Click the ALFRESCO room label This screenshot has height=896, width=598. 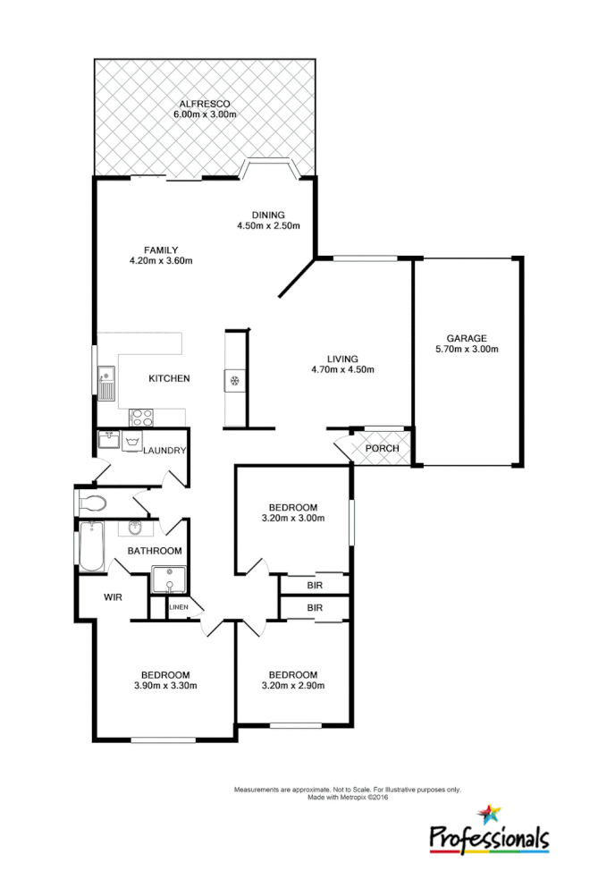tap(205, 104)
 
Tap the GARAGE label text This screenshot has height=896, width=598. tap(467, 338)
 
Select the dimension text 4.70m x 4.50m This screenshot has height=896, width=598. tap(342, 369)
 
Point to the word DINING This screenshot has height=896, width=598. tap(267, 215)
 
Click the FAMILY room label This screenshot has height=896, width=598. tap(162, 249)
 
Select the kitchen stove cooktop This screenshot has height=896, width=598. tap(141, 416)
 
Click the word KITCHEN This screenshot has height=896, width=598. tap(169, 378)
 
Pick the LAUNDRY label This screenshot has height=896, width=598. tap(164, 450)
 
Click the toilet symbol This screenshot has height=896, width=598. tap(92, 503)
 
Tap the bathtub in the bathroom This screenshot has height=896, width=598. tap(91, 547)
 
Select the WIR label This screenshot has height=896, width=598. tap(113, 596)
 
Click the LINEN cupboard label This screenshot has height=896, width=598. tap(179, 608)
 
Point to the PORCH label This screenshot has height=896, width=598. tap(383, 448)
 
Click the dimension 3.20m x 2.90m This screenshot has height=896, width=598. tap(292, 686)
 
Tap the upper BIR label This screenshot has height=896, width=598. tap(314, 585)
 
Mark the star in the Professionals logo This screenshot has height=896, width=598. tap(489, 815)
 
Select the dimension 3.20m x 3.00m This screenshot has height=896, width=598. tap(292, 518)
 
